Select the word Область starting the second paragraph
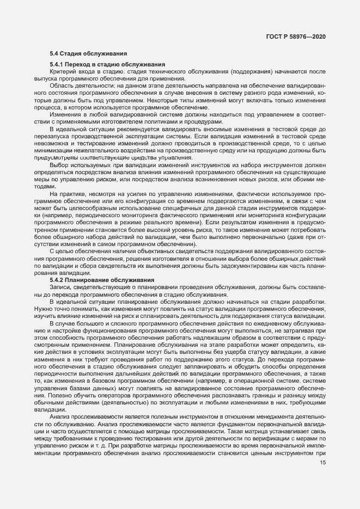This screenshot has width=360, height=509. (x=62, y=86)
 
